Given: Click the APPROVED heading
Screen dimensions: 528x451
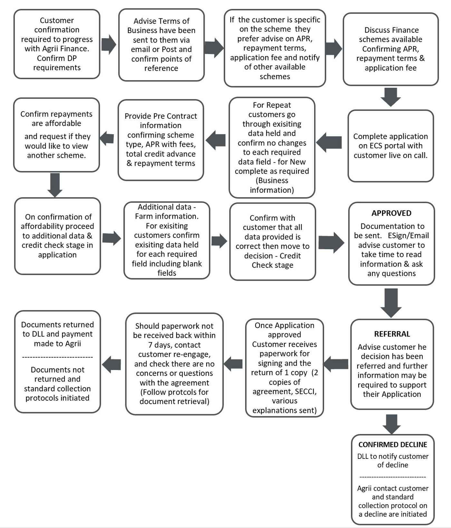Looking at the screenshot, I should (x=391, y=213).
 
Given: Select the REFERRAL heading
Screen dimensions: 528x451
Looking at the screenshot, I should (x=392, y=334).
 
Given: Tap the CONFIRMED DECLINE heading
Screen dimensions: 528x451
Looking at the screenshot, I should (x=392, y=445).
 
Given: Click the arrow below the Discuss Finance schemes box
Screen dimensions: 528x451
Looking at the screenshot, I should (x=390, y=97).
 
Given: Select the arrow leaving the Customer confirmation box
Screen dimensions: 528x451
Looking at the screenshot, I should (x=109, y=44).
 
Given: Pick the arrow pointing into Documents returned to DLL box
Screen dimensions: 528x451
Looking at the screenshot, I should (x=111, y=365).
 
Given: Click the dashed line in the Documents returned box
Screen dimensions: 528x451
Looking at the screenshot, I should (x=57, y=357).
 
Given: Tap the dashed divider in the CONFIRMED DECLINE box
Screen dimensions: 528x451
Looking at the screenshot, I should (x=392, y=477).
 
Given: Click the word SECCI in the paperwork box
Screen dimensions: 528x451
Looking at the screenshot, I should (x=305, y=392).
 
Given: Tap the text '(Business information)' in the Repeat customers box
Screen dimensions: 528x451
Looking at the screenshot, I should (x=272, y=185).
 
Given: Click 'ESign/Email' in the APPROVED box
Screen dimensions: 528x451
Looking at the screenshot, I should (x=408, y=236).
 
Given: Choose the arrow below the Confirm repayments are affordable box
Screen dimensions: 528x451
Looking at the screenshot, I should (x=55, y=185).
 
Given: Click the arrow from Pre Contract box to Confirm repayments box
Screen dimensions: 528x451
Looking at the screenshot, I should (x=107, y=138).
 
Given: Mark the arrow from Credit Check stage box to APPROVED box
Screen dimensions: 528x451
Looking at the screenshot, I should (x=331, y=242).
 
